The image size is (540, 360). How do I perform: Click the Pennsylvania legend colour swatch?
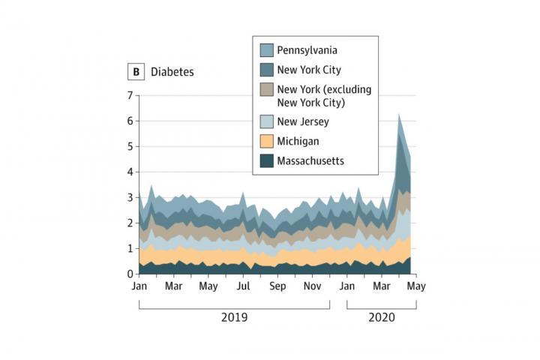tap(267, 50)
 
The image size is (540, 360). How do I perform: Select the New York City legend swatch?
tap(267, 70)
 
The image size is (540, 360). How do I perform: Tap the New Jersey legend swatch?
tap(267, 121)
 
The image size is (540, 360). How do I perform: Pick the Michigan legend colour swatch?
tap(267, 141)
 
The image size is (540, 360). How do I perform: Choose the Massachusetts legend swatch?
tap(267, 160)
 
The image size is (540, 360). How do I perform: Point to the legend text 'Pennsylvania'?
tap(307, 50)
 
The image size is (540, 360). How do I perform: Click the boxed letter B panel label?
tap(136, 73)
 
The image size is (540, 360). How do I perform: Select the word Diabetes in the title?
tap(172, 73)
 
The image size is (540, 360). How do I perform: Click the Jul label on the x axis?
tap(243, 286)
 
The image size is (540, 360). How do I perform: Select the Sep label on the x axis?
tap(277, 286)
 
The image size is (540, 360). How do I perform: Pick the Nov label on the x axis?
tap(312, 286)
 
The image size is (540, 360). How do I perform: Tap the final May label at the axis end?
tap(416, 286)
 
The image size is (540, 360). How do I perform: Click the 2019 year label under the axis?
tap(234, 317)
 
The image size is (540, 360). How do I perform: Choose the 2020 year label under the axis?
tap(381, 317)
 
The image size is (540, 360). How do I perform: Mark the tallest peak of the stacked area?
tap(399, 114)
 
